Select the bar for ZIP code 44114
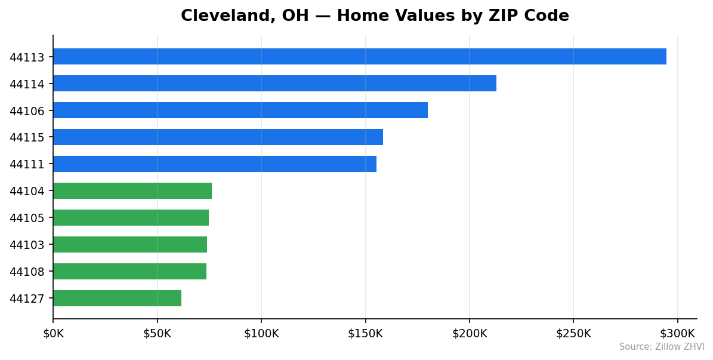click(274, 84)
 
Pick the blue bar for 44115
click(218, 137)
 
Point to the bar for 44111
click(215, 164)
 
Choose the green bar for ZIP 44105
click(131, 218)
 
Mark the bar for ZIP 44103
click(130, 245)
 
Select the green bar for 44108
click(129, 272)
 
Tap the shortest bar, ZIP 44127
click(117, 299)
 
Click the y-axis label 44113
click(27, 57)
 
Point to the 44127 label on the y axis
click(27, 299)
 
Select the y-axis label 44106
click(27, 111)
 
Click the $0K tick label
click(53, 334)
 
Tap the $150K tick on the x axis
click(365, 334)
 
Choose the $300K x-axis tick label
click(677, 334)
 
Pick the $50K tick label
click(157, 334)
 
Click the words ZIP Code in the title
click(532, 17)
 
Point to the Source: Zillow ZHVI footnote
click(661, 347)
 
